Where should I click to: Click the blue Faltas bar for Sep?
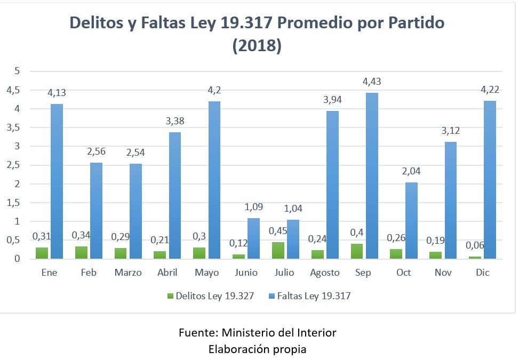(x=371, y=176)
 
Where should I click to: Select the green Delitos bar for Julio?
(x=277, y=251)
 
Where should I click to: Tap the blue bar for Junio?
(x=253, y=238)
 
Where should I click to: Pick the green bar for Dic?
(x=475, y=258)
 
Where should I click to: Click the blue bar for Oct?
(x=411, y=220)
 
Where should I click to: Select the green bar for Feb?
(x=81, y=252)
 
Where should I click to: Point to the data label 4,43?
(x=371, y=82)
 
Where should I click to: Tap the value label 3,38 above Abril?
(x=175, y=121)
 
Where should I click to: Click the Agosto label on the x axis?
(x=325, y=273)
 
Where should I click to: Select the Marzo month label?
(x=128, y=273)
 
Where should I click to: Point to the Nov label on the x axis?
(x=443, y=273)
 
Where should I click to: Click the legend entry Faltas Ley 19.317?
(x=312, y=296)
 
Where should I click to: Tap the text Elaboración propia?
(x=257, y=349)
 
